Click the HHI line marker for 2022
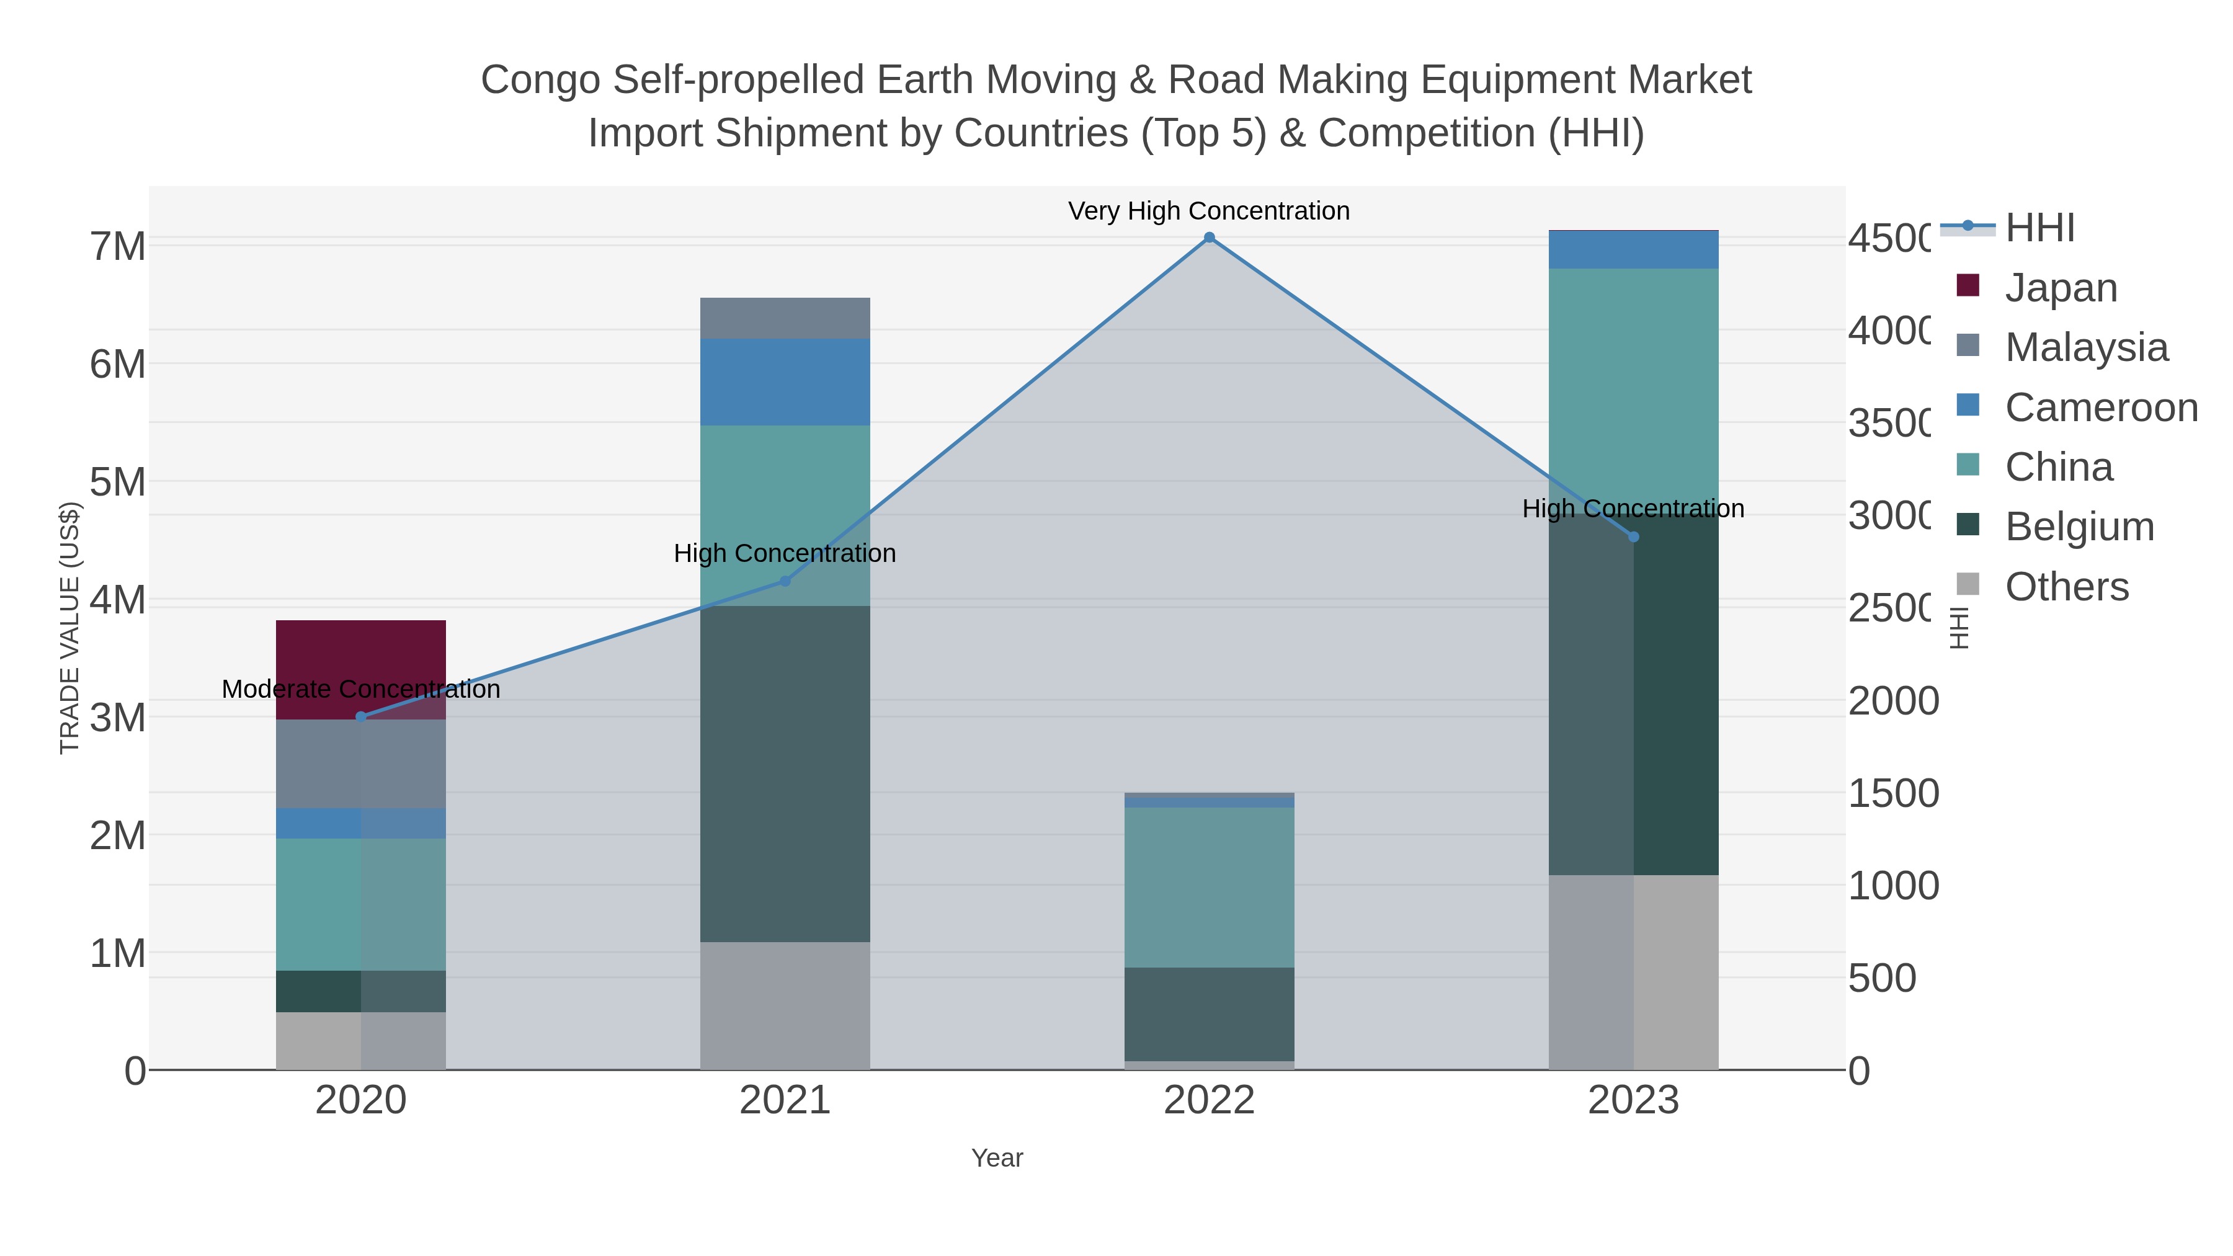pos(1210,238)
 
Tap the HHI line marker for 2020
pos(362,717)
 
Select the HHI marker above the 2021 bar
pos(785,582)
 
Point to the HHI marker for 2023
pos(1634,537)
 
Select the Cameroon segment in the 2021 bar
pos(785,382)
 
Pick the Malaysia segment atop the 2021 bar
pos(785,318)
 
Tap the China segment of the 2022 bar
pos(1210,887)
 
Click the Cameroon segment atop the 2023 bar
pos(1634,249)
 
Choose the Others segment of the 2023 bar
pos(1634,972)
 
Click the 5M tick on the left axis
pos(118,482)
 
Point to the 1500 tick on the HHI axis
pos(1893,793)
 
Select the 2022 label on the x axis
pos(1210,1101)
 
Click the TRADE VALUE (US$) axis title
pos(69,628)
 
